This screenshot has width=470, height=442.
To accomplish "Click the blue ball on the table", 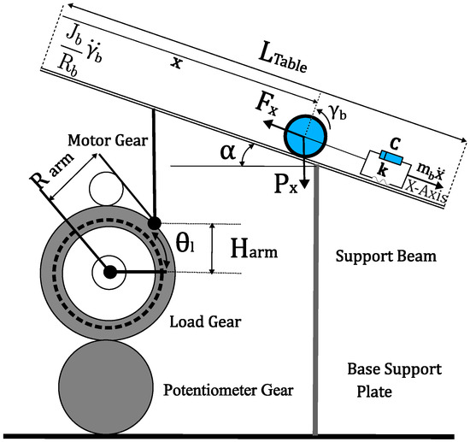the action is (x=305, y=137).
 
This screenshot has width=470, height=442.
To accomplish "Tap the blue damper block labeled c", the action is (x=391, y=157).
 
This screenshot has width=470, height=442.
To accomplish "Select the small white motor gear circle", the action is (x=106, y=189).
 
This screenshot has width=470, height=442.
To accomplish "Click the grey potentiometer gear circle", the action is (x=106, y=386).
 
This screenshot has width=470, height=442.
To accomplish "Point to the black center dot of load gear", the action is (x=110, y=272).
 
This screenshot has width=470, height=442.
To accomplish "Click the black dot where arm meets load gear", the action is (x=155, y=223).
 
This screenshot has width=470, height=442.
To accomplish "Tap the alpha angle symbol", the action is (x=228, y=151).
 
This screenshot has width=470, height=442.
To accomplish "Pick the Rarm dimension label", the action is (x=51, y=172).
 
